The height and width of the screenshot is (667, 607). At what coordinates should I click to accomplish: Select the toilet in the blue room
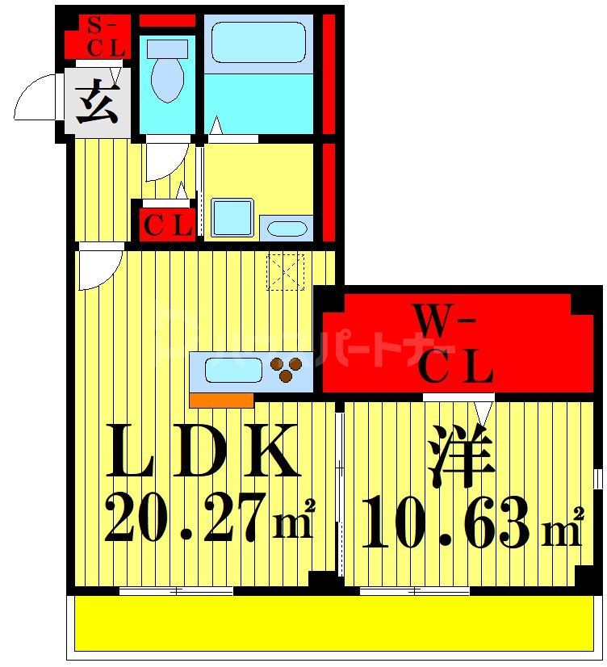[168, 73]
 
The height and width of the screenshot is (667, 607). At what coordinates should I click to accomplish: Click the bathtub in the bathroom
[257, 43]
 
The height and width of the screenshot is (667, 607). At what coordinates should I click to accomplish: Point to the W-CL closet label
[456, 347]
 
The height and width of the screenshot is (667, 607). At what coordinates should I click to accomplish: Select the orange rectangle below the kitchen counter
[221, 400]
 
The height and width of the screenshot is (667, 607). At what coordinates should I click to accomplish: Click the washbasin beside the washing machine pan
[286, 228]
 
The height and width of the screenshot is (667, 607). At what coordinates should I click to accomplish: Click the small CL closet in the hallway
[167, 225]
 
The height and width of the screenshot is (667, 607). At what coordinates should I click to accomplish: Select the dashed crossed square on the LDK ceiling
[285, 271]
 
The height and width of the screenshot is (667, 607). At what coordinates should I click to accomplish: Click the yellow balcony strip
[337, 623]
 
